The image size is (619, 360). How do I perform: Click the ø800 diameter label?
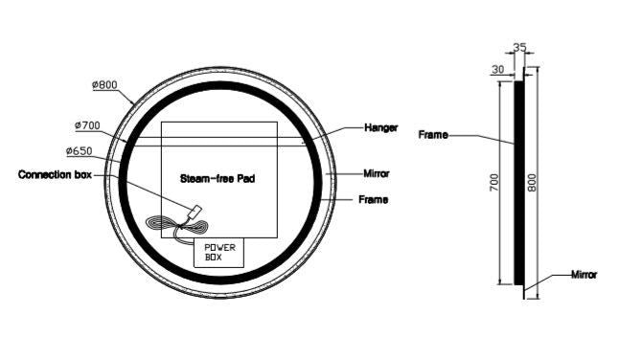coord(104,85)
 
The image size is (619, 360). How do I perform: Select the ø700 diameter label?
coord(88,125)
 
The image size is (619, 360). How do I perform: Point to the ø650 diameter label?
coord(79,151)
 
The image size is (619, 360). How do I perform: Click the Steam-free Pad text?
coord(218,178)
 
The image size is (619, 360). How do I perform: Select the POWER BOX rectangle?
coord(219,253)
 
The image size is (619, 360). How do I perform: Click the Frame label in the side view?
coord(433,135)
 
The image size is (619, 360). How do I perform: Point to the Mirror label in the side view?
coord(584,274)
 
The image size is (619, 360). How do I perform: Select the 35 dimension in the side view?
coord(520,46)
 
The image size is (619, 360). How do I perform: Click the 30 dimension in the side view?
coord(498,68)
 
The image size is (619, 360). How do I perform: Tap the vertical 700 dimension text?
coord(494,183)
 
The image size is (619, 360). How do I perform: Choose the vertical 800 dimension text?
coord(531,183)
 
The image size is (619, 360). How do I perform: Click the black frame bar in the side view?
coord(518,182)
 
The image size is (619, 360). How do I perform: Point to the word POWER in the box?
coord(219,247)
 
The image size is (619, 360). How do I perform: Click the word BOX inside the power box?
coord(213,259)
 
